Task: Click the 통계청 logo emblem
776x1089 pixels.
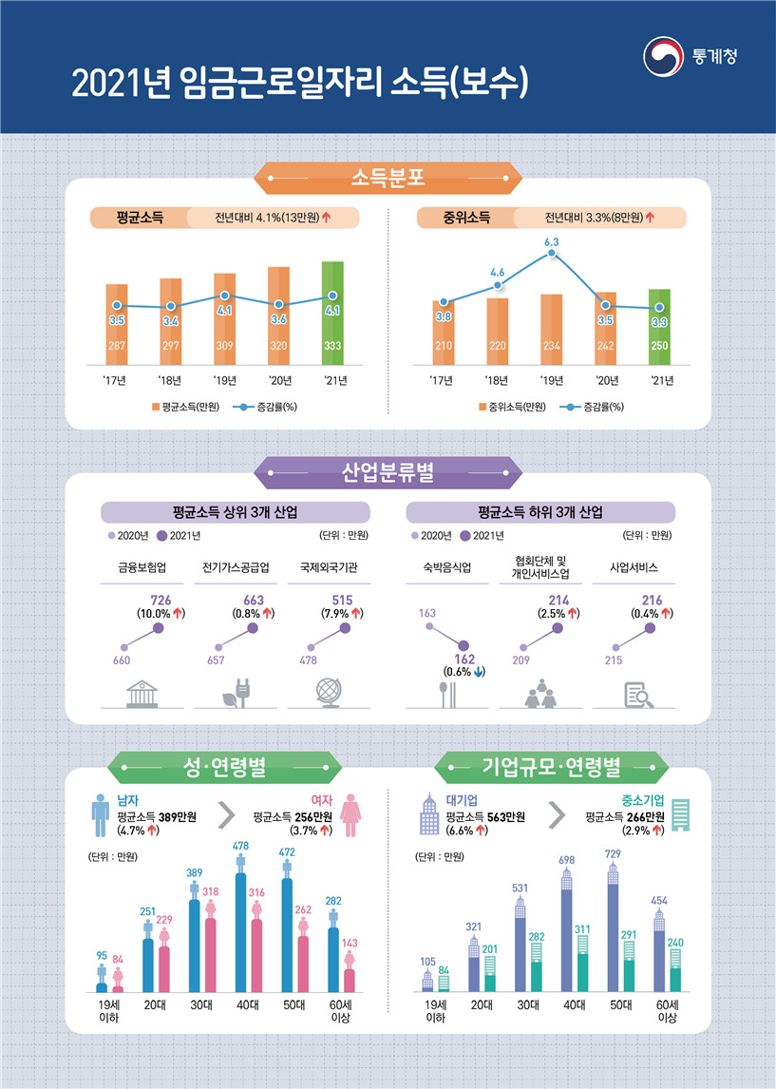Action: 664,56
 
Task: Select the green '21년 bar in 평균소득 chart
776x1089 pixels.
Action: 332,314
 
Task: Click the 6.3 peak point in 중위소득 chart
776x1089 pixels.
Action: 552,254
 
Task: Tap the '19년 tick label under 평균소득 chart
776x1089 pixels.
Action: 225,381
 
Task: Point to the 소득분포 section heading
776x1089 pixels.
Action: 388,179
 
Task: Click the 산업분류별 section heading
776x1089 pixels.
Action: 388,473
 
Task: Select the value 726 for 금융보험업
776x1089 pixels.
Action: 161,600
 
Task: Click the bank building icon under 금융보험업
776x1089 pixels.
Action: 142,694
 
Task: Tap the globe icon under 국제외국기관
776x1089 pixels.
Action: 329,693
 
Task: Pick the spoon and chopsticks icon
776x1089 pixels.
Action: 448,695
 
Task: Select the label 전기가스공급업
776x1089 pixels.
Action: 236,567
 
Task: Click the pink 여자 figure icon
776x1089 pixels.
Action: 350,815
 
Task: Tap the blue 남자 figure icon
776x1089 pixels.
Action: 101,815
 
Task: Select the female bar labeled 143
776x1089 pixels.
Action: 350,981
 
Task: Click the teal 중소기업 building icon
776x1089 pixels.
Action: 681,815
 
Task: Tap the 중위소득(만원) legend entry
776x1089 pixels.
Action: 512,407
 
